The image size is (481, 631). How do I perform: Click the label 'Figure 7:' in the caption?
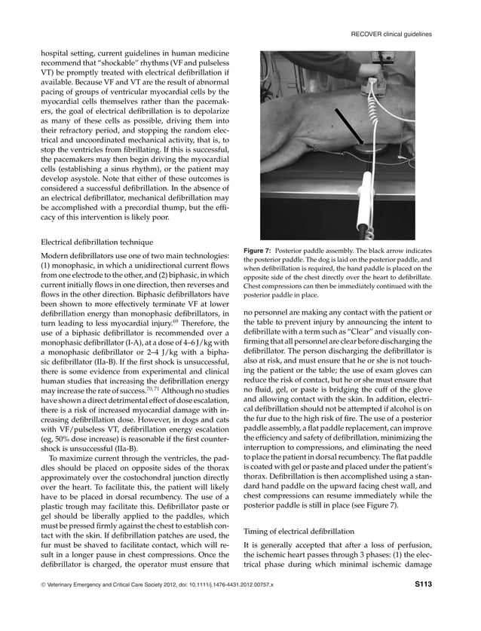pos(261,250)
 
